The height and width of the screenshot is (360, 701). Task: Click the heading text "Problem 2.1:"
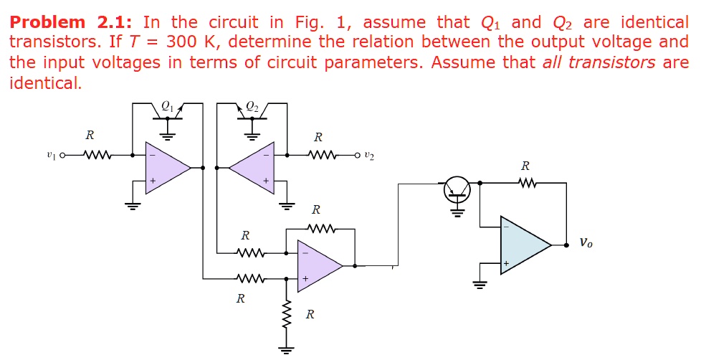coord(72,22)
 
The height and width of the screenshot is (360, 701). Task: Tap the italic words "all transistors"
coord(599,62)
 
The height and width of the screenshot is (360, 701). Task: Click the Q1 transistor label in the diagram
coord(167,105)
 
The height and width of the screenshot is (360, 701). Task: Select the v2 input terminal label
coord(368,154)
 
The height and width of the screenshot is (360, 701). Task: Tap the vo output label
coord(586,243)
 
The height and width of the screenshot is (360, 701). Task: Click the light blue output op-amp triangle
coord(522,245)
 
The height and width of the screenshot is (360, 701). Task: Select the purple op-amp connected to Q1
coord(164,168)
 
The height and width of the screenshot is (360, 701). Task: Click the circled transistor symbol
coord(457,188)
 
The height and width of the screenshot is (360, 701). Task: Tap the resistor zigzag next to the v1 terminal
coord(96,153)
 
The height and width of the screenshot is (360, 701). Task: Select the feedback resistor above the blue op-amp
coord(527,183)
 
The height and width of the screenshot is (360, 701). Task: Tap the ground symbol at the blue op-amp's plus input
coord(480,283)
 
